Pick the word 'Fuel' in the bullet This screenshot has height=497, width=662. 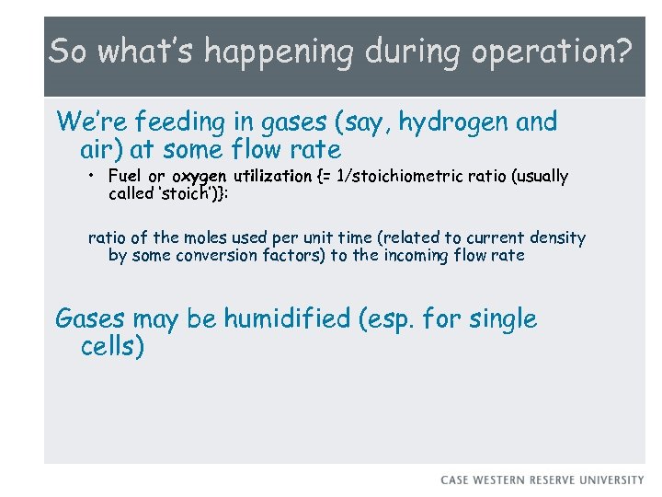tap(125, 176)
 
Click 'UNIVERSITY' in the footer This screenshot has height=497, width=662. tap(613, 480)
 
